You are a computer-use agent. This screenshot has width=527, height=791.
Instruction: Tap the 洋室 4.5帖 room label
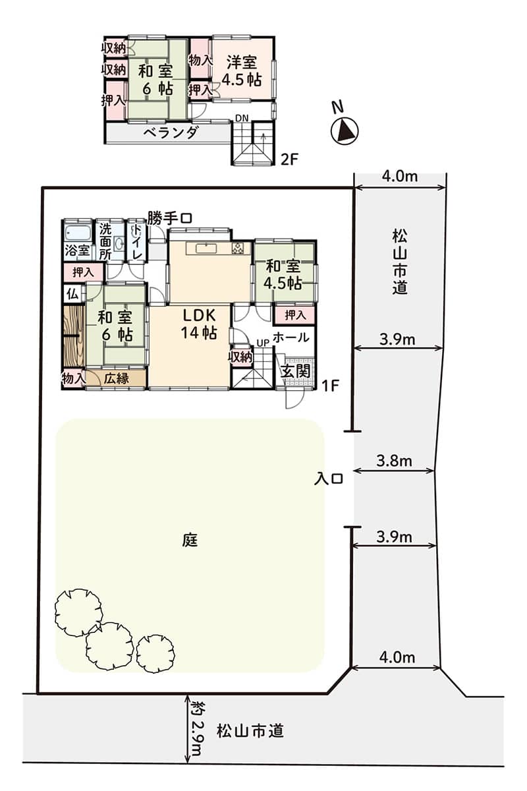[x=244, y=71]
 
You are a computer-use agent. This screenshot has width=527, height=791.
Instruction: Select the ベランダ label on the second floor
[x=171, y=132]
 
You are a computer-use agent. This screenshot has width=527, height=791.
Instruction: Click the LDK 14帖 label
[x=199, y=324]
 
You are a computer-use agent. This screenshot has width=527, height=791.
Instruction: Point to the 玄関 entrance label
[x=295, y=371]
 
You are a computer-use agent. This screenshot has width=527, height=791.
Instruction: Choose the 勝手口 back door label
[x=170, y=218]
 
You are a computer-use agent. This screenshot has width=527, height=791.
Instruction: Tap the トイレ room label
[x=136, y=242]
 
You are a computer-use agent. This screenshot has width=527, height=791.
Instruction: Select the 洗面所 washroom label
[x=105, y=241]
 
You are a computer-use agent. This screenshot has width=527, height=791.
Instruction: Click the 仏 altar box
[x=73, y=294]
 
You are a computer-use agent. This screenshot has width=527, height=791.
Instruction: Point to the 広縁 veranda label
[x=117, y=379]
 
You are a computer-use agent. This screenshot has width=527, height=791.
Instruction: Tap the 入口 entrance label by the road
[x=328, y=479]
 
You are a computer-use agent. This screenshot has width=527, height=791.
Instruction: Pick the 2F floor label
[x=290, y=160]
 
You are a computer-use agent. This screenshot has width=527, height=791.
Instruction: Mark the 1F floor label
[x=330, y=386]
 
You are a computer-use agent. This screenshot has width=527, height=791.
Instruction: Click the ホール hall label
[x=291, y=337]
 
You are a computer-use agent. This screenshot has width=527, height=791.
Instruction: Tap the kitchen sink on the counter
[x=206, y=249]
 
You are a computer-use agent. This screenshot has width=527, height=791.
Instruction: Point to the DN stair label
[x=242, y=118]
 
